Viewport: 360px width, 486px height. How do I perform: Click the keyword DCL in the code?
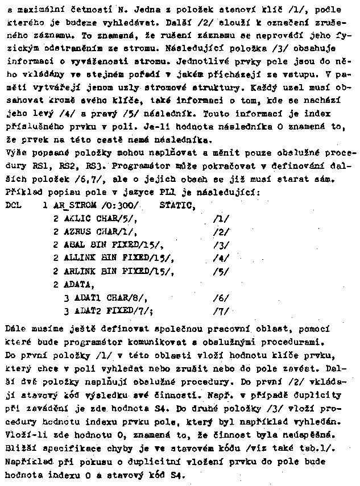click(x=13, y=205)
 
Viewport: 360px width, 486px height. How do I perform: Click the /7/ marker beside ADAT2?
click(x=221, y=311)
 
